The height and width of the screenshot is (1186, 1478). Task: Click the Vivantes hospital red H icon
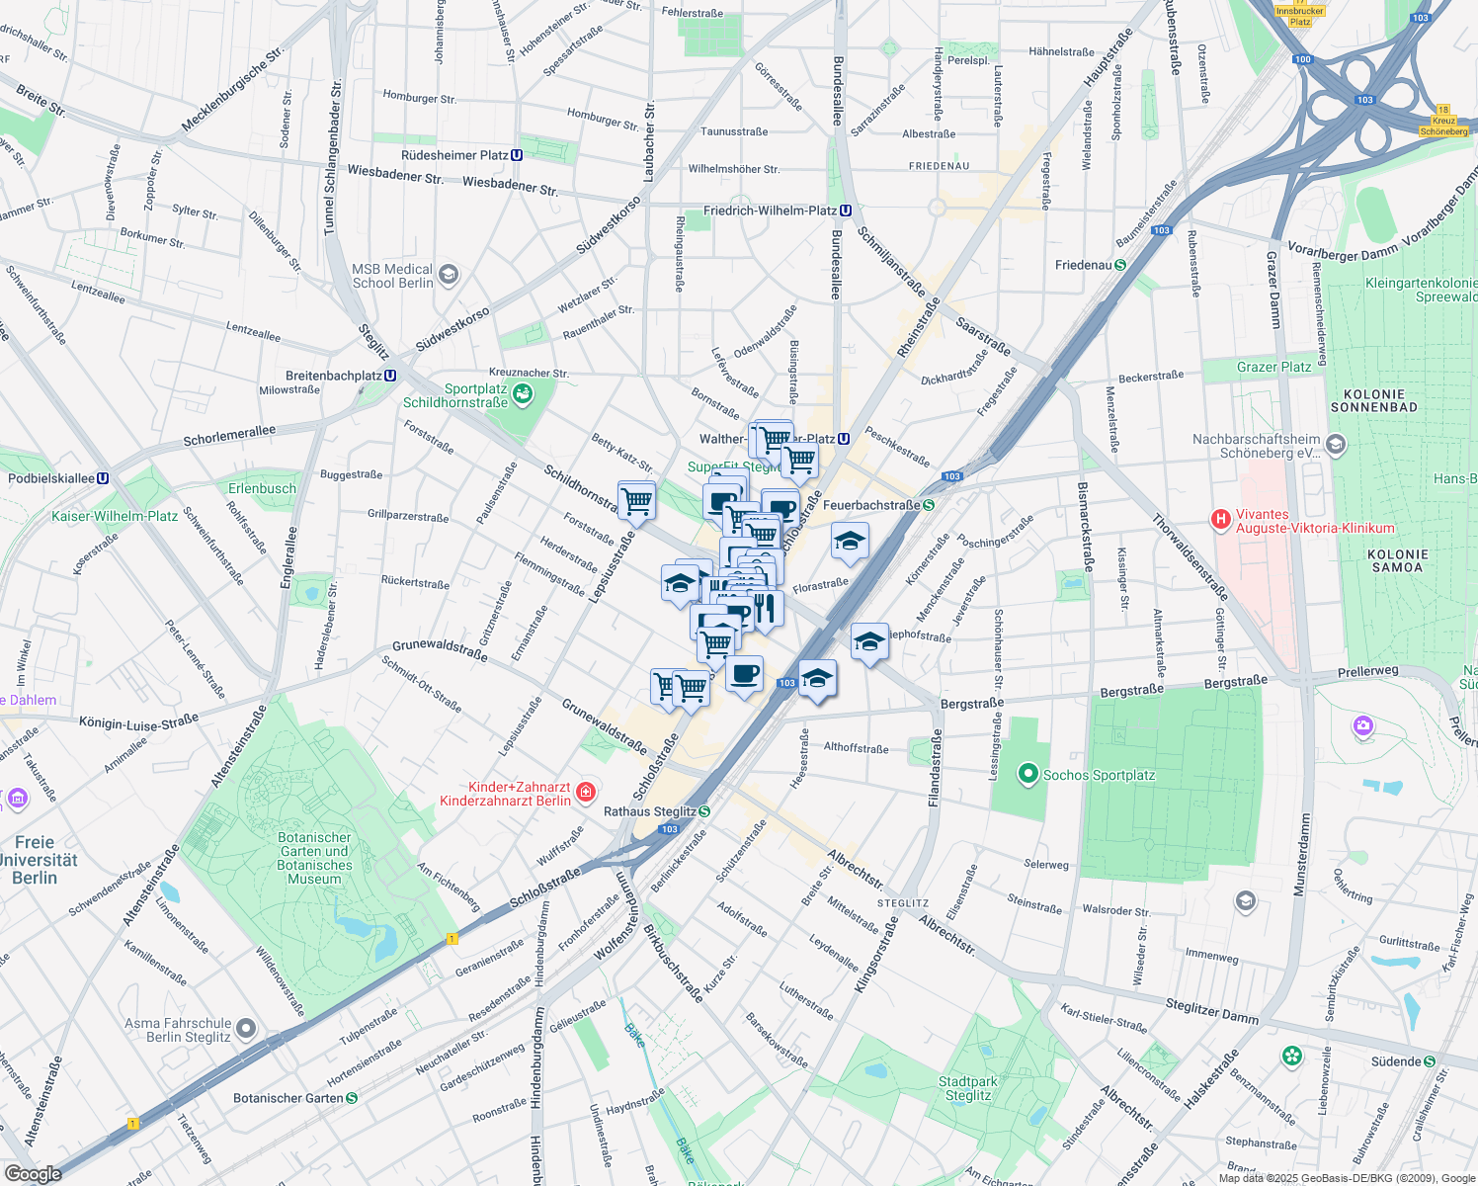(x=1221, y=519)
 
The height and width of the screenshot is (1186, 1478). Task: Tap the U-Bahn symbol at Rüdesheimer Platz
(x=517, y=155)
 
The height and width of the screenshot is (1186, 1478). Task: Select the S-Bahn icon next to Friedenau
(x=1120, y=265)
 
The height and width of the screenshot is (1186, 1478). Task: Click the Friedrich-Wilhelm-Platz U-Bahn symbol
(x=846, y=211)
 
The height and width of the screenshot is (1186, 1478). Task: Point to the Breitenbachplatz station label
(x=333, y=376)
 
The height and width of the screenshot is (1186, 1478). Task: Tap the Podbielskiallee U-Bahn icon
(x=103, y=478)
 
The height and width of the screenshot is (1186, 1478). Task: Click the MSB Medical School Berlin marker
(x=449, y=275)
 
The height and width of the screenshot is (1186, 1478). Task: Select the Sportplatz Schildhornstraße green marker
(x=523, y=395)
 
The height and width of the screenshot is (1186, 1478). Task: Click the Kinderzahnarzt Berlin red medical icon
(x=586, y=793)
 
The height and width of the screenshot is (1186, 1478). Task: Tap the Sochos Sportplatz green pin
(x=1027, y=774)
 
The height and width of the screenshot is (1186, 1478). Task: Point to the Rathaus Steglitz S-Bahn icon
(x=704, y=811)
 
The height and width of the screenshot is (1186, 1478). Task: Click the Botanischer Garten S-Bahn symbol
(x=352, y=1097)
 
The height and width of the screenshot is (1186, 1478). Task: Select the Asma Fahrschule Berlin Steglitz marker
(x=246, y=1029)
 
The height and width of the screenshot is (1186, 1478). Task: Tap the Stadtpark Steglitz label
(x=967, y=1088)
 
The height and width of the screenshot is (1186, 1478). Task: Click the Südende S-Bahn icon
(x=1429, y=1061)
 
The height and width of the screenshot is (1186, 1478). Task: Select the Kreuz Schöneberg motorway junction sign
(x=1442, y=122)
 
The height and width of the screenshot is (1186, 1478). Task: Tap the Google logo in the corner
(x=33, y=1174)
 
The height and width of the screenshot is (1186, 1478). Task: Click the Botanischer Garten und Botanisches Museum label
(x=314, y=858)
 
